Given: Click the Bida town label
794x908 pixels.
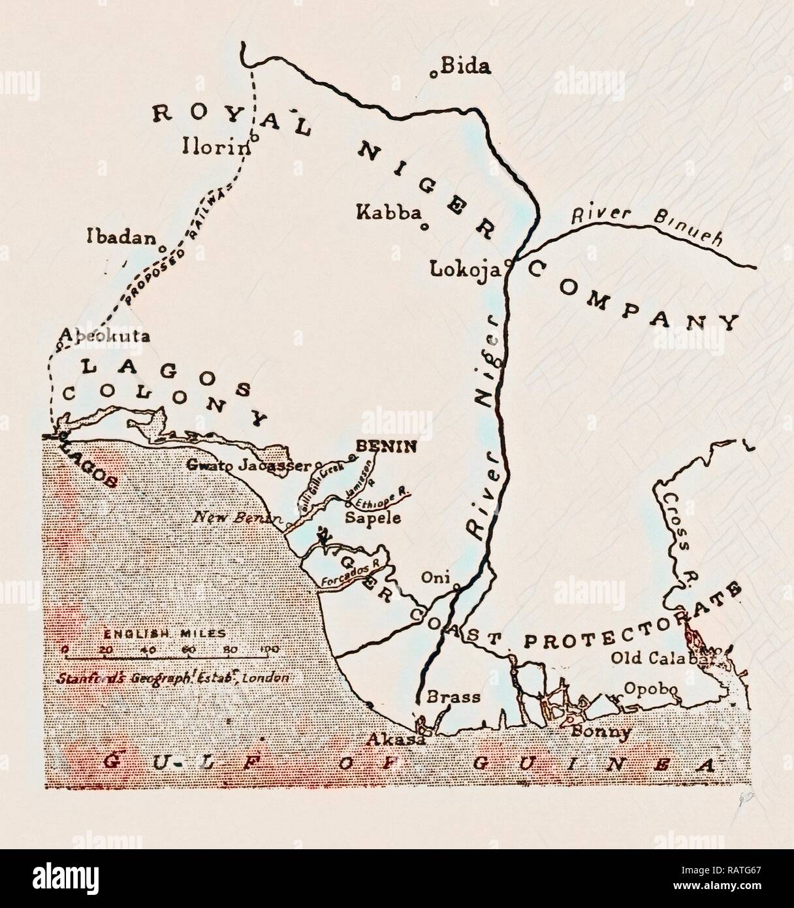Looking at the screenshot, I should (466, 66).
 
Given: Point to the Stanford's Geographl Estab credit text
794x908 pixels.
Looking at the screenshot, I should (174, 677).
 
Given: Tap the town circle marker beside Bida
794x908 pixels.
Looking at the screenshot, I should (433, 74).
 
